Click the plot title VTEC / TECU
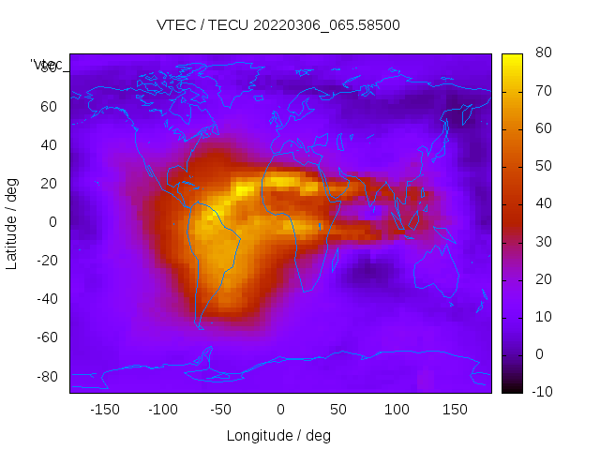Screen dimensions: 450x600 tap(277, 25)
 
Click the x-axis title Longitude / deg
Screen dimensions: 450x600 tap(278, 436)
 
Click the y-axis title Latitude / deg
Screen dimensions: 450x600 tap(12, 223)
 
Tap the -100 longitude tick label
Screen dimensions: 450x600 tap(162, 410)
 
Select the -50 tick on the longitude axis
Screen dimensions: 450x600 tap(221, 410)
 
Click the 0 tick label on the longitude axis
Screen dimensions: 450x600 tap(279, 410)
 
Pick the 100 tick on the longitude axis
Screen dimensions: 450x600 tap(397, 410)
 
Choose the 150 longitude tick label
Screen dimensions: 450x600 tap(455, 410)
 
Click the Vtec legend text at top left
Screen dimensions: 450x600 tap(47, 65)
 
